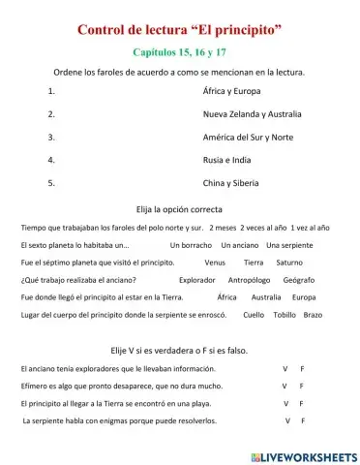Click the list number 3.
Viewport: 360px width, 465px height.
pos(50,139)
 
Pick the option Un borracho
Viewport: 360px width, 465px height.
pos(193,245)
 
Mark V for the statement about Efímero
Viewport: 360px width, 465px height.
pos(285,386)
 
